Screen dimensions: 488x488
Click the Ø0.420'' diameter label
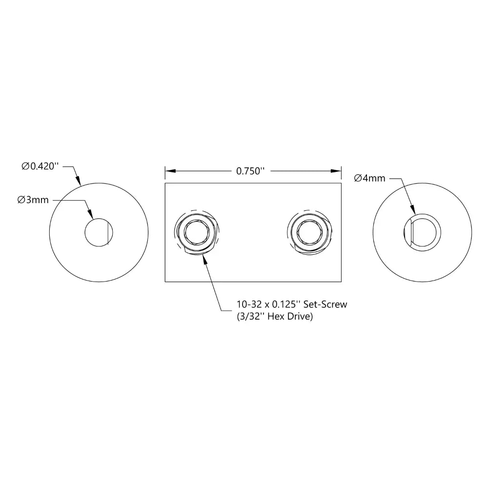[x=40, y=166]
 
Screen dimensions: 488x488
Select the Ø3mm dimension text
[x=33, y=200]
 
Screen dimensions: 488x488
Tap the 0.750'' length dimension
[x=250, y=171]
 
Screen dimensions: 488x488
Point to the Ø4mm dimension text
[x=369, y=179]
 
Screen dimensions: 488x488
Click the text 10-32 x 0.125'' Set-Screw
[x=291, y=305]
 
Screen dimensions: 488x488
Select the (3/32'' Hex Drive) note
[x=274, y=317]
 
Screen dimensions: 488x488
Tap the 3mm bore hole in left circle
[x=98, y=232]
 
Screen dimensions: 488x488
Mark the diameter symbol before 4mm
[x=358, y=179]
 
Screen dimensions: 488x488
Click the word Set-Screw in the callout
[x=325, y=305]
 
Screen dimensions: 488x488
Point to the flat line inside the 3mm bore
[x=105, y=232]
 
